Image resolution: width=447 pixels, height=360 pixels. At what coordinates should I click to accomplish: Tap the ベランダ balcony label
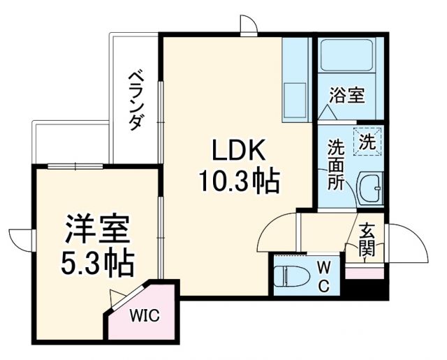(x=136, y=99)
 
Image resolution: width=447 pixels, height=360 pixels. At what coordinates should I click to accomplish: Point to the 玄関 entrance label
(x=366, y=240)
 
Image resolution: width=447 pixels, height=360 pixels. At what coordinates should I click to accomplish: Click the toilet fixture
(x=288, y=276)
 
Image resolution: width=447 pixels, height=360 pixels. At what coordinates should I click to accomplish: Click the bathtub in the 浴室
(x=346, y=59)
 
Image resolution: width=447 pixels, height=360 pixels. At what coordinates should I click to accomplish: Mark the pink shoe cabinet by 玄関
(x=361, y=273)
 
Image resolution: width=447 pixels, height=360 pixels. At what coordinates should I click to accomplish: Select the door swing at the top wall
(x=248, y=24)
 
